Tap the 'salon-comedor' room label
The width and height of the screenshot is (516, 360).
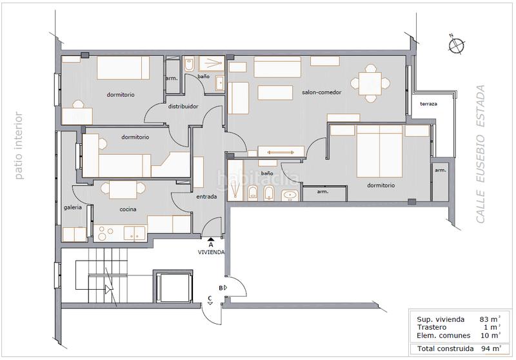pos(321,92)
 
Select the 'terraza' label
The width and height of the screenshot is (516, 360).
pos(428,104)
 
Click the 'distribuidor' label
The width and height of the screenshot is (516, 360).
pos(183,106)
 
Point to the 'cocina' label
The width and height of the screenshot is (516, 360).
pos(128,209)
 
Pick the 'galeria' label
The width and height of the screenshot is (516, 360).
pos(73,208)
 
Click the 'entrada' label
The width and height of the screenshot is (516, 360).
pos(206,197)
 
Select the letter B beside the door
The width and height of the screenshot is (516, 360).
pos(221,288)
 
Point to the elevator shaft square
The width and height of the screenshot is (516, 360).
pos(173,286)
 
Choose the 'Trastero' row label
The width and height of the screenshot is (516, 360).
pos(432,328)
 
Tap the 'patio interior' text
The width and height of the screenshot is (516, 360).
pos(19,146)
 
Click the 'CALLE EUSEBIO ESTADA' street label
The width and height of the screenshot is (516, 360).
pos(481,154)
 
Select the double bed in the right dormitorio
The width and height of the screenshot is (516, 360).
pos(380,152)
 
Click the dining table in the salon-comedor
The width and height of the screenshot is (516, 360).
pos(370,84)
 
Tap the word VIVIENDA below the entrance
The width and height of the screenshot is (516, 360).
pos(211,252)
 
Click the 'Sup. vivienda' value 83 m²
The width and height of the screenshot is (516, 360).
pos(490,319)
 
